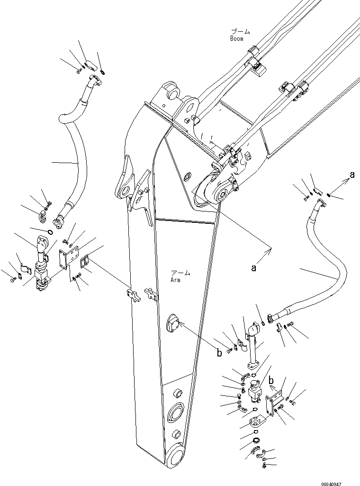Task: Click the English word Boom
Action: pos(236,38)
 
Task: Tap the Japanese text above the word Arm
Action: pos(180,273)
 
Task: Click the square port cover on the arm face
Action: pos(172,325)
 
